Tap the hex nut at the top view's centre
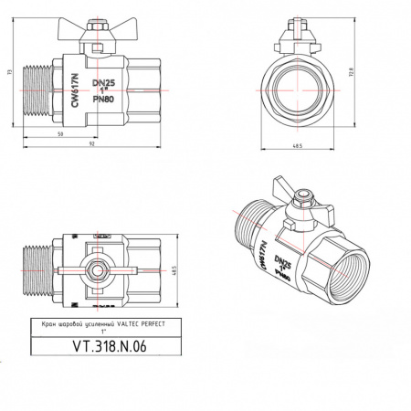point(98,270)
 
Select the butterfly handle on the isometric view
point(294,190)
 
